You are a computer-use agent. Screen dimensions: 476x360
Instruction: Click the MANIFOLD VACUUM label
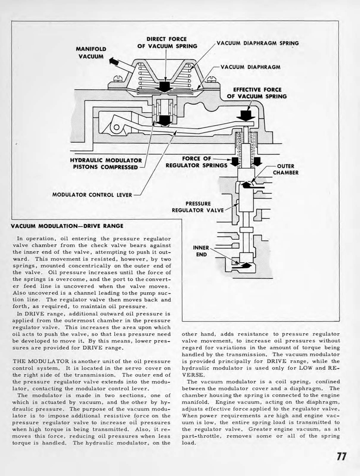92,53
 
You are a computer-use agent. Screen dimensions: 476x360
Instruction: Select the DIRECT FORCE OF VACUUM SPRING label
167,42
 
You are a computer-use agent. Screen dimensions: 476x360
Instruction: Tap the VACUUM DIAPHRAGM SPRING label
257,43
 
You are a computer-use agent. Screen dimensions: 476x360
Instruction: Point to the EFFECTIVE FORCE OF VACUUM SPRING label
256,93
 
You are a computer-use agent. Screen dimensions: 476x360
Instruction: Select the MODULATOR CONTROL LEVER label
92,194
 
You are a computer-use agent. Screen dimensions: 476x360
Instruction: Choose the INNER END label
201,251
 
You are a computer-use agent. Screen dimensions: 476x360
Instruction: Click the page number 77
341,456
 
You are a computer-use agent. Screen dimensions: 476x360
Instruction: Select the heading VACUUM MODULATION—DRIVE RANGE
67,226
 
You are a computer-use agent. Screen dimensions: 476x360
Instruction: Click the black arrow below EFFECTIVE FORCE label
246,114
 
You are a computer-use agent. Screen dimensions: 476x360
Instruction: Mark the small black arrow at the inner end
245,265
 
